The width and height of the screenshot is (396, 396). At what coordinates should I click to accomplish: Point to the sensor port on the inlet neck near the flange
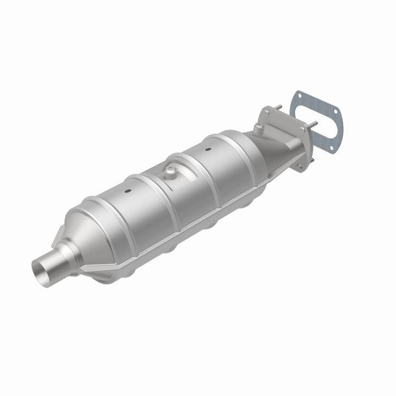point(257,129)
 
